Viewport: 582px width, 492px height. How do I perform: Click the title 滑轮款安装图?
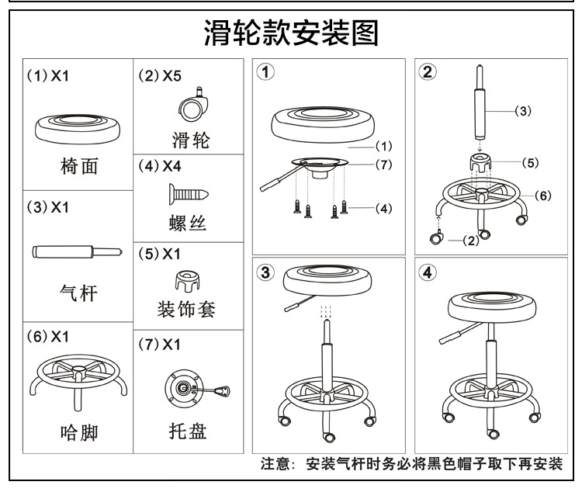[x=291, y=33]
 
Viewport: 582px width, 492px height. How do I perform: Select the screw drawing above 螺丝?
[x=189, y=191]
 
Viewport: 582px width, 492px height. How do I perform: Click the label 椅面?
[x=78, y=166]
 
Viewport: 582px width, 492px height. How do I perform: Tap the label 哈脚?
[x=78, y=431]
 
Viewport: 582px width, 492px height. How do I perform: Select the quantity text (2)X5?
[x=160, y=77]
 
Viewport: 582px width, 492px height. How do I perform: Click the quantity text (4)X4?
[x=160, y=165]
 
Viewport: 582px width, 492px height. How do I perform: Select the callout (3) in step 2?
[x=522, y=111]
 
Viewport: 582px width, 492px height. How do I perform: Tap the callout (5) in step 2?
[x=529, y=163]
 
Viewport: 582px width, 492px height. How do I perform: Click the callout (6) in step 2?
[x=542, y=195]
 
